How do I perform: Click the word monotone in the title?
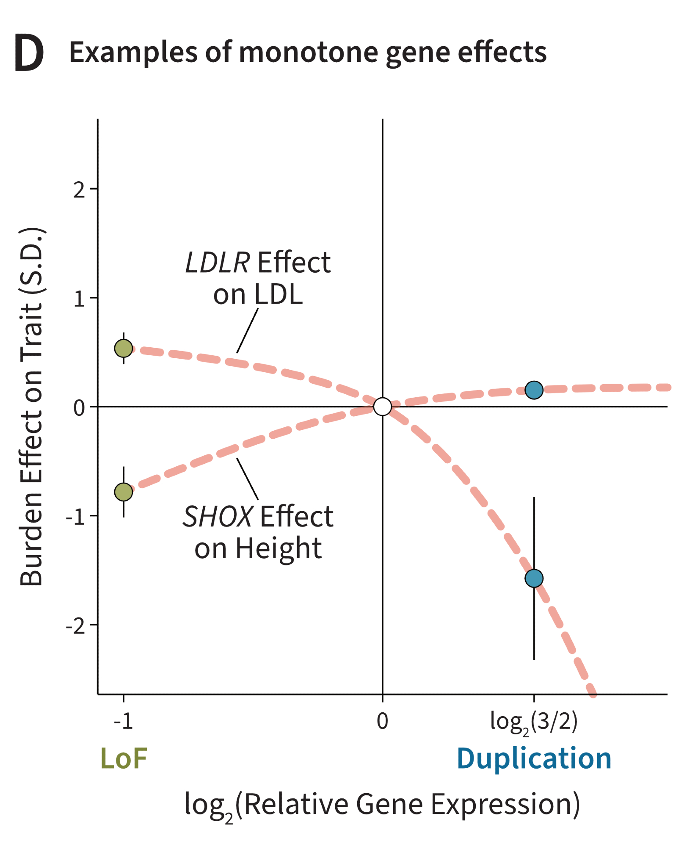tap(308, 53)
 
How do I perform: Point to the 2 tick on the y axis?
tap(79, 189)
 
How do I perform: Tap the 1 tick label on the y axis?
tap(79, 299)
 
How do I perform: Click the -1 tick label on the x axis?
tap(123, 721)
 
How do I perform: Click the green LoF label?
tap(124, 758)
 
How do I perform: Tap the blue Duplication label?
tap(534, 758)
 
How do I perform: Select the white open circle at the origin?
tap(383, 407)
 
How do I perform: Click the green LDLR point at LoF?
tap(124, 349)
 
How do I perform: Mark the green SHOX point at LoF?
tap(124, 492)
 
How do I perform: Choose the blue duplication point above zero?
tap(534, 390)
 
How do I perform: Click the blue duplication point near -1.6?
tap(534, 578)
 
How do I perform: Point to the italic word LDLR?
tap(218, 263)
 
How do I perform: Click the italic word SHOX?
tap(218, 517)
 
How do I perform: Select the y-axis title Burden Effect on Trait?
tap(31, 407)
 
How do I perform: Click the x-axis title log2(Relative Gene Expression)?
tap(382, 804)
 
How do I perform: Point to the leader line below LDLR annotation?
tap(248, 330)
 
